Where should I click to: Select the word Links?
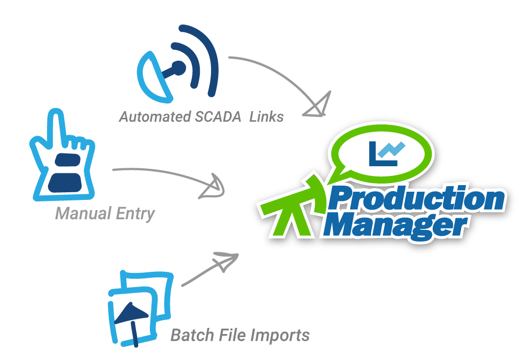tap(267, 117)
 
